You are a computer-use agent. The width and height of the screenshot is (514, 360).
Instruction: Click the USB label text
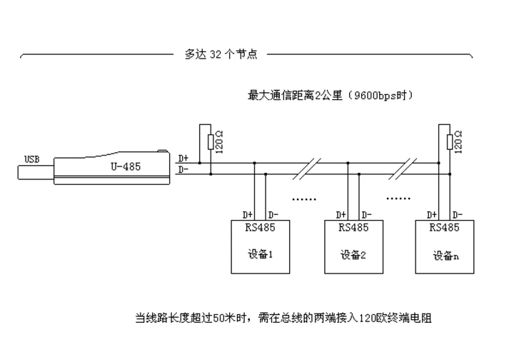(x=32, y=159)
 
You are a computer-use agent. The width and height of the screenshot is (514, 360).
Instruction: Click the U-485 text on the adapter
(x=126, y=166)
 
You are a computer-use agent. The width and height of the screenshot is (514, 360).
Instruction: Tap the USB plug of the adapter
(x=36, y=172)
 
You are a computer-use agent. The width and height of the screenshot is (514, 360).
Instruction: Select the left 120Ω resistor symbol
(x=211, y=142)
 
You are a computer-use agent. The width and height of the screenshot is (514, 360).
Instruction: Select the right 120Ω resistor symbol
(x=450, y=142)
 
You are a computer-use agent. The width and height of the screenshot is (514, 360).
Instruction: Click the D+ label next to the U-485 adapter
(x=183, y=159)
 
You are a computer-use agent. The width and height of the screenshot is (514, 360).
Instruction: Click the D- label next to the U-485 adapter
(x=183, y=170)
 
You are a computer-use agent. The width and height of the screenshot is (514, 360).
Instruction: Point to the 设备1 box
(x=261, y=246)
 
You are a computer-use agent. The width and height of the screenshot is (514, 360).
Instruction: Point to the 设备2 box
(x=353, y=246)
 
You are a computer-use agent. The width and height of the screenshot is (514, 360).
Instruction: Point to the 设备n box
(x=445, y=246)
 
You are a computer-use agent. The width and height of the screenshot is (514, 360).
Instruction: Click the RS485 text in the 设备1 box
(x=261, y=227)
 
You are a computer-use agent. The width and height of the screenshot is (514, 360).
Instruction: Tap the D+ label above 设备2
(x=341, y=215)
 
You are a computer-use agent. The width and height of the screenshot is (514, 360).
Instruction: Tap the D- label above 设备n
(x=458, y=215)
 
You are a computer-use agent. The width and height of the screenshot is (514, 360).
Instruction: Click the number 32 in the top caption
(x=216, y=54)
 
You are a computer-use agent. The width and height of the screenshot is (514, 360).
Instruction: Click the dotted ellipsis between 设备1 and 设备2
(x=304, y=199)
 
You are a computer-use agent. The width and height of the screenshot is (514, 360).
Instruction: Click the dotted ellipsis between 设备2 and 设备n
(x=398, y=198)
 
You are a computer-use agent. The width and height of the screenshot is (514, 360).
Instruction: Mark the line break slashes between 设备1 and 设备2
(x=307, y=169)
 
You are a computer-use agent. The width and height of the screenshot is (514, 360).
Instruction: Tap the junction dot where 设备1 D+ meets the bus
(x=254, y=163)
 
